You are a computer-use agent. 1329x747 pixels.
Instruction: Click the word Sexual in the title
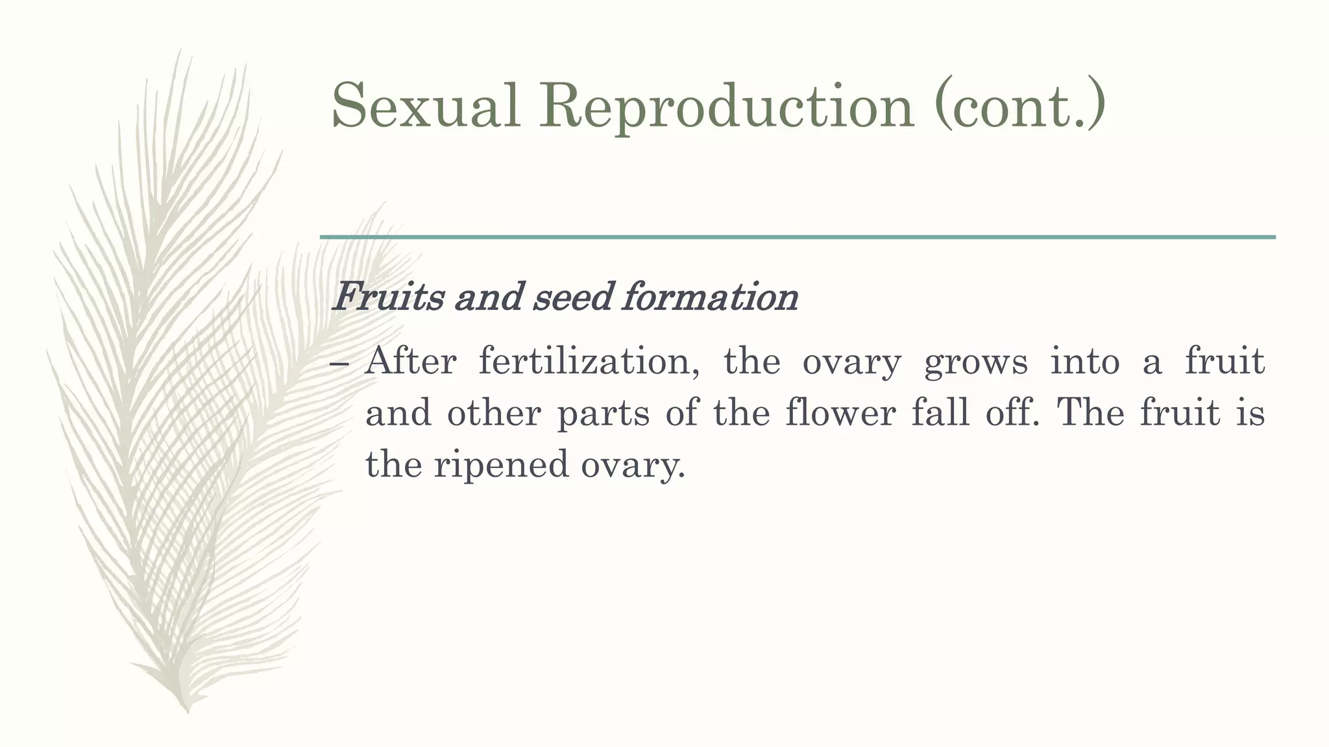[426, 105]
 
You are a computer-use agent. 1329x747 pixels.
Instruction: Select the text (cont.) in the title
[1019, 105]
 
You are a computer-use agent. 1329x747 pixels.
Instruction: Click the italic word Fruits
[387, 297]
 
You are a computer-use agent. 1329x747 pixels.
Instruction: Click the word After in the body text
[410, 361]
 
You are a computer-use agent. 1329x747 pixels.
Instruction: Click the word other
[494, 413]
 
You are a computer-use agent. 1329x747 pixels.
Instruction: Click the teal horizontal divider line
[798, 237]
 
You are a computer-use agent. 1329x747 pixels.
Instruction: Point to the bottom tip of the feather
[188, 711]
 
